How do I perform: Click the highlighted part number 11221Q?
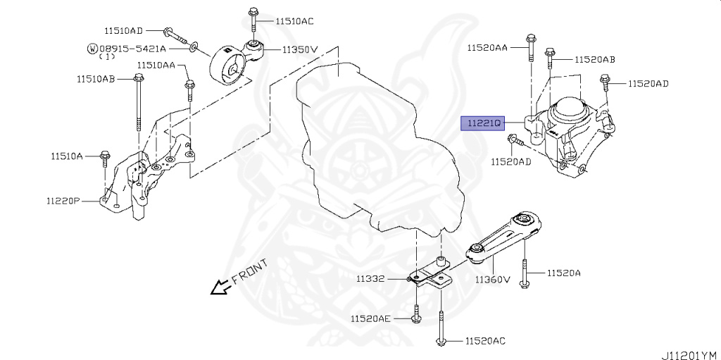(x=482, y=123)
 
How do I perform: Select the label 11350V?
(x=301, y=50)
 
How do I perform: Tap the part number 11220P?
(x=63, y=201)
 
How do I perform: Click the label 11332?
(x=370, y=279)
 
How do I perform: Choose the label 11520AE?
(x=370, y=319)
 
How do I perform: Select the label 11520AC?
(x=485, y=341)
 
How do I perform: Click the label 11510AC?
(x=294, y=20)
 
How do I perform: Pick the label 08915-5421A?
(x=134, y=49)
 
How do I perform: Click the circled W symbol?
(x=92, y=49)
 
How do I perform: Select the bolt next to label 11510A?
(x=105, y=156)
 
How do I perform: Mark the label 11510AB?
(x=96, y=78)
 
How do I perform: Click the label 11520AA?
(x=487, y=47)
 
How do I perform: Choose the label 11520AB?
(x=595, y=60)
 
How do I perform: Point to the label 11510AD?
(x=124, y=30)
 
